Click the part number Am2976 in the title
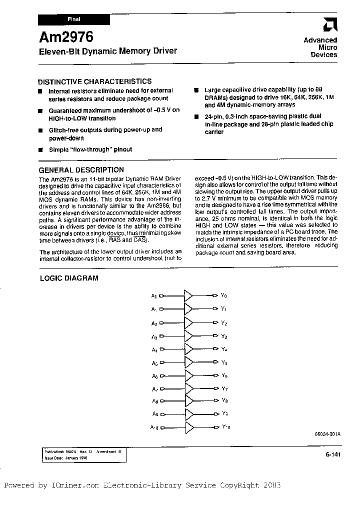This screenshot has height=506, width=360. coord(66,37)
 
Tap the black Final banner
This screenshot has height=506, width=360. coord(73,19)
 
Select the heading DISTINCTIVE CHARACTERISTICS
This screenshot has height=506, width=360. coord(95,81)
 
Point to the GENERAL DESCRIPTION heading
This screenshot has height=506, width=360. coord(81,169)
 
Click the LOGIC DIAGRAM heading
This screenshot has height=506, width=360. coord(69,278)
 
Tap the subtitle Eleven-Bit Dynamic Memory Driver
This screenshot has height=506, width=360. coord(107,51)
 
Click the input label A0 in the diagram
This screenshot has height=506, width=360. coord(154,296)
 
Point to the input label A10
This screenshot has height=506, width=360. coord(154,427)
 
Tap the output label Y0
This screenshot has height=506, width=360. coord(224,296)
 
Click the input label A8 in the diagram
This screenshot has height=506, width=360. coord(154,401)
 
